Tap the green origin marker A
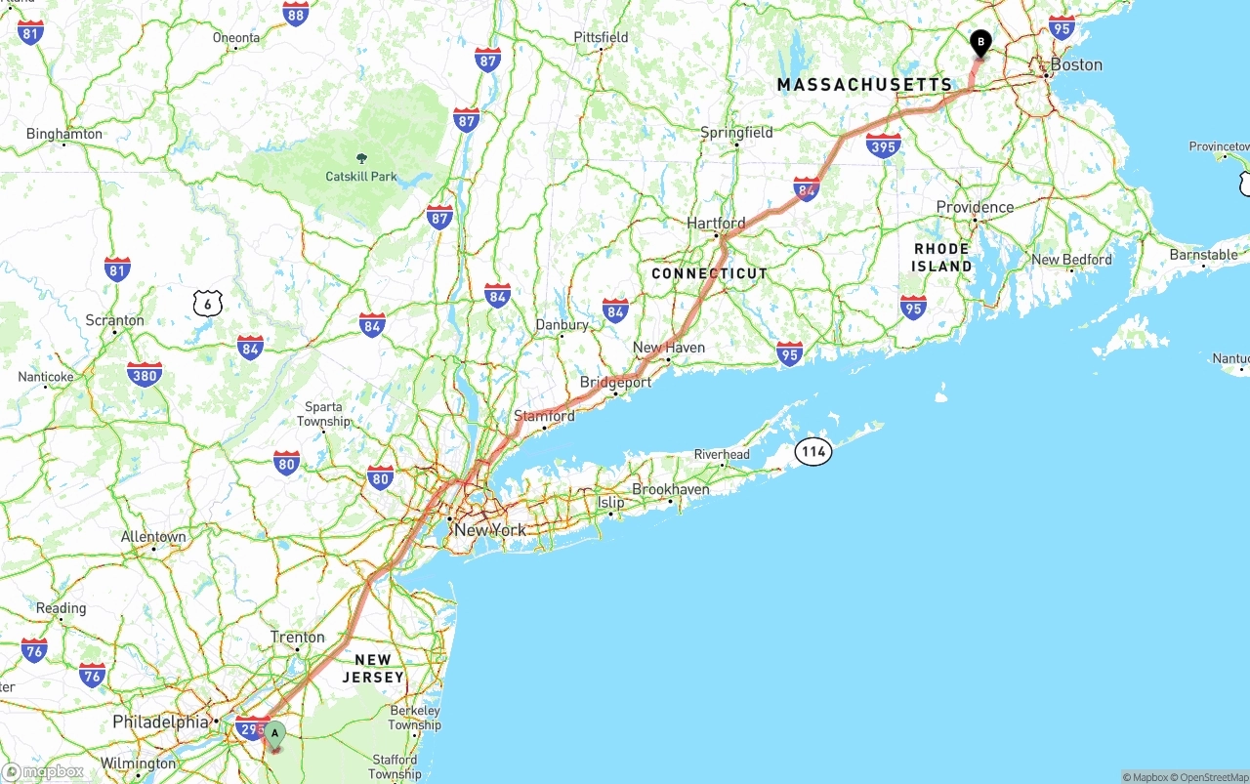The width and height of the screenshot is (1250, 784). tap(274, 734)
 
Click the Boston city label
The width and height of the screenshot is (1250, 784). tap(1076, 64)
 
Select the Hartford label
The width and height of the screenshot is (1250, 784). tap(716, 223)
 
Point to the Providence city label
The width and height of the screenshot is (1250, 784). tap(975, 207)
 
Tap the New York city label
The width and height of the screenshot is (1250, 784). tap(490, 530)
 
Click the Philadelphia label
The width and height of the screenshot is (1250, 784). tap(160, 722)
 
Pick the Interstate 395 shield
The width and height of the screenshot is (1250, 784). tap(883, 146)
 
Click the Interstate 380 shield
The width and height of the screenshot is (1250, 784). tap(145, 373)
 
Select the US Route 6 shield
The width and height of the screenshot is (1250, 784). tap(207, 304)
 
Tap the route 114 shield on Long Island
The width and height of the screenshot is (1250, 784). tap(812, 451)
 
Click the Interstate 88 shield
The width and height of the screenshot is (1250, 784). tap(296, 14)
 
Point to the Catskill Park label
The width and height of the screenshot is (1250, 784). tap(361, 177)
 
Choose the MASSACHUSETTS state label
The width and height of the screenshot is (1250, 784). tap(864, 85)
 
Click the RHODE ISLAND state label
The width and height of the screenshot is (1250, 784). tap(942, 258)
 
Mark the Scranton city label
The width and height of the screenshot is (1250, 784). tap(115, 320)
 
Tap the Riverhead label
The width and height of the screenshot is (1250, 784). tap(722, 454)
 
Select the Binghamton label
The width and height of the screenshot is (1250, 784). tap(64, 134)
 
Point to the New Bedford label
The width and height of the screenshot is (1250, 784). tap(1071, 260)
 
